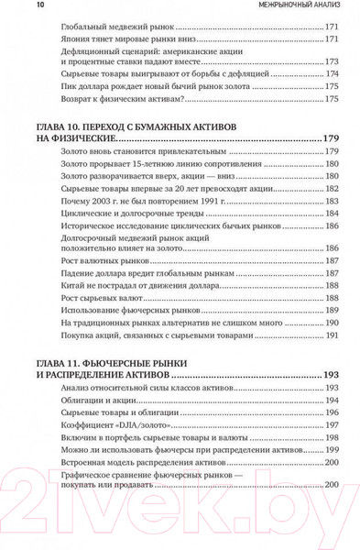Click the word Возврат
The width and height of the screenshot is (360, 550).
point(71,98)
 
